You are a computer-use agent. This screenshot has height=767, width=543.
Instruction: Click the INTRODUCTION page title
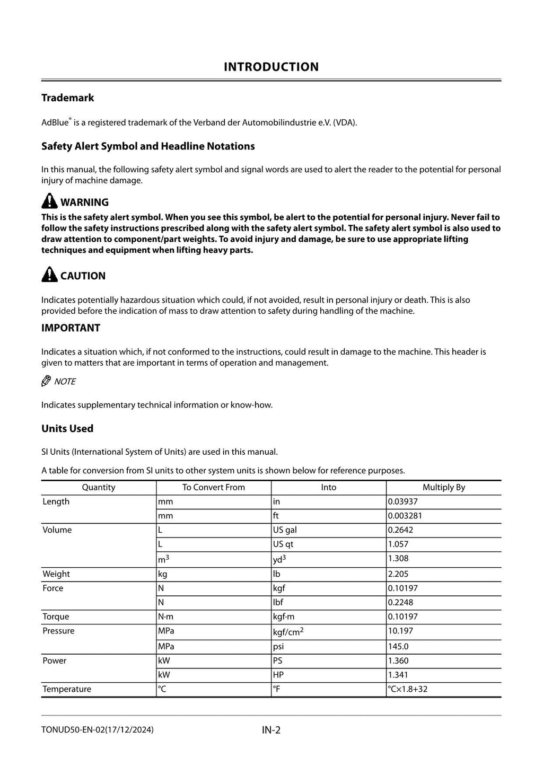pyautogui.click(x=271, y=67)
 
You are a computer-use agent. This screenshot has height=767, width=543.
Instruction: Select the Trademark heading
pyautogui.click(x=67, y=98)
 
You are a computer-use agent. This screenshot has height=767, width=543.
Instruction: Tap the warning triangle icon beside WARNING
pyautogui.click(x=49, y=201)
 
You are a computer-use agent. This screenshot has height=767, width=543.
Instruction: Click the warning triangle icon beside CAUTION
pyautogui.click(x=49, y=275)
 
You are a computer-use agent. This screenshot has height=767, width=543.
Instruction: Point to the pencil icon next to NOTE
pyautogui.click(x=46, y=381)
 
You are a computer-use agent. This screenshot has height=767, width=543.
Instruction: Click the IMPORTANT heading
pyautogui.click(x=71, y=328)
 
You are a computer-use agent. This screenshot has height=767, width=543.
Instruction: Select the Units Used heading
pyautogui.click(x=67, y=428)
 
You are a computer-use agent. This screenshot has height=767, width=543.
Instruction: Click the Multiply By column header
pyautogui.click(x=443, y=487)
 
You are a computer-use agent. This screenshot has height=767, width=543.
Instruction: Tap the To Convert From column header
pyautogui.click(x=213, y=487)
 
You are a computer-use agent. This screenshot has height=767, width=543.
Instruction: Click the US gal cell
pyautogui.click(x=285, y=530)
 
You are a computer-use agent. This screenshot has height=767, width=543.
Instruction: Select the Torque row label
pyautogui.click(x=56, y=616)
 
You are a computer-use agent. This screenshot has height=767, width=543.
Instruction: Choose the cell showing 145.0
pyautogui.click(x=398, y=646)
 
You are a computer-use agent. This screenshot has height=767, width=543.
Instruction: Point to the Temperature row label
pyautogui.click(x=67, y=689)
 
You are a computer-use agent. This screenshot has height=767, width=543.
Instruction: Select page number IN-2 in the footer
pyautogui.click(x=271, y=730)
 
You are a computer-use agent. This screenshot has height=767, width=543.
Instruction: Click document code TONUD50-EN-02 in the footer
pyautogui.click(x=73, y=730)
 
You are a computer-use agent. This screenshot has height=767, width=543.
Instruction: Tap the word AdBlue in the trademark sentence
pyautogui.click(x=55, y=122)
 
